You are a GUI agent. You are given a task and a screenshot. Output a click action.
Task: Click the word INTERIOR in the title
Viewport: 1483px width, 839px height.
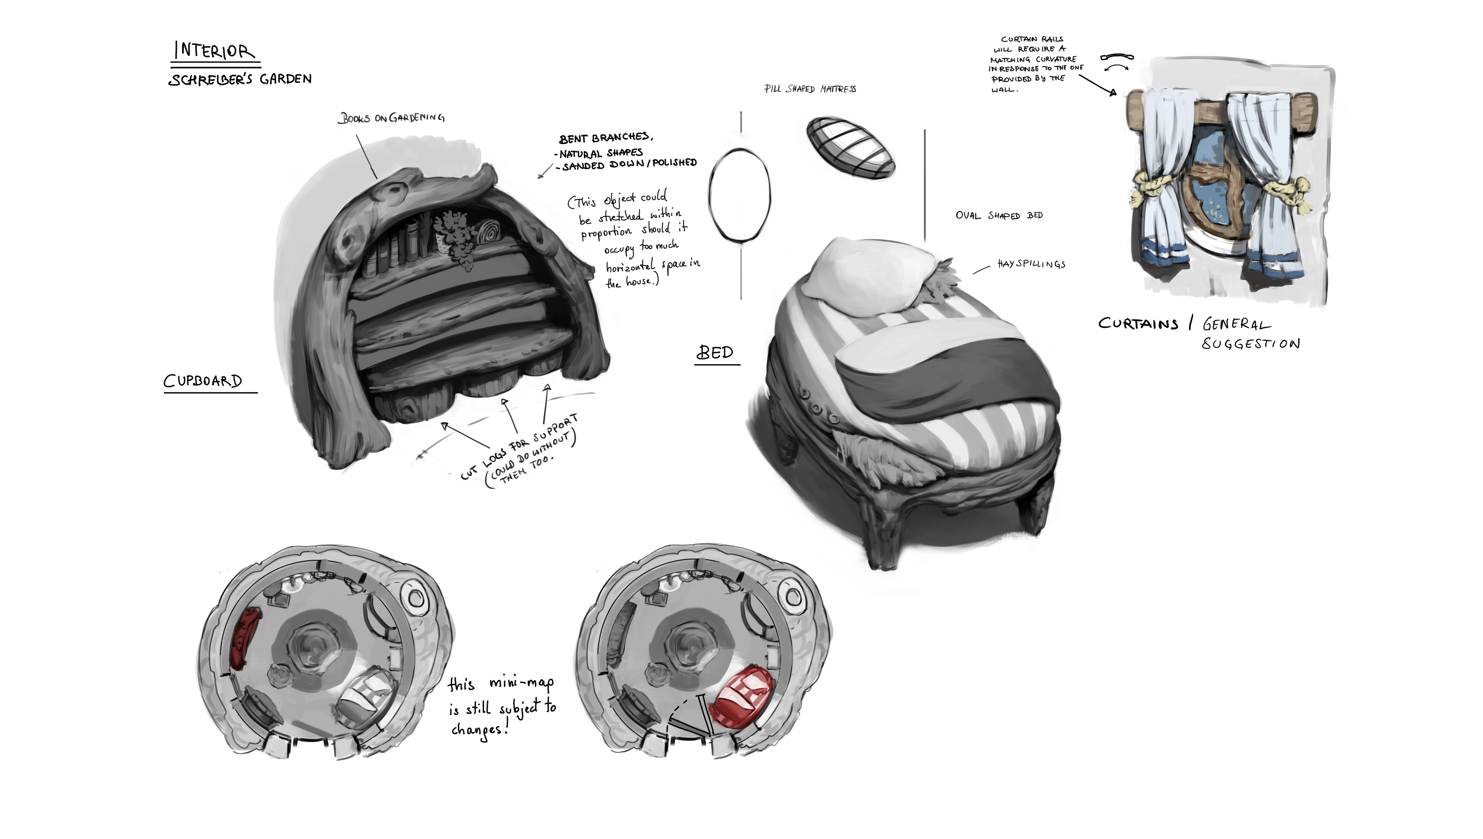pos(213,51)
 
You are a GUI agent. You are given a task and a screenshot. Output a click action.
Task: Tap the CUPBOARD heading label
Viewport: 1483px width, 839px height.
pos(203,381)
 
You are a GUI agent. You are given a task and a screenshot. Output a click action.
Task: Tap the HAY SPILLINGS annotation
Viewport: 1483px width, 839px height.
pos(1032,264)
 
